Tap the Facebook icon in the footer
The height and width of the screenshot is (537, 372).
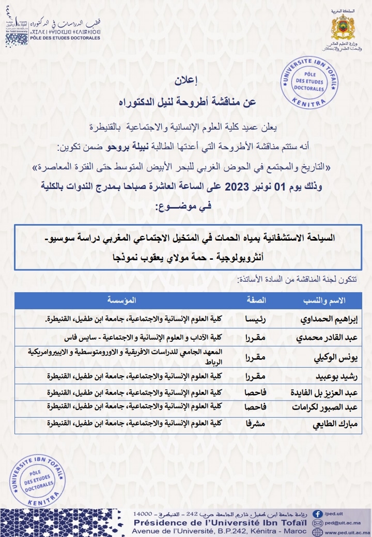[318, 514]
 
